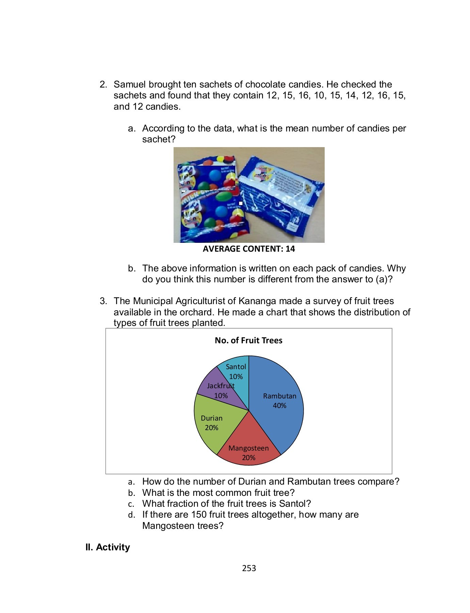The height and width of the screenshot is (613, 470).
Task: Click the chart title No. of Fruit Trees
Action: [248, 340]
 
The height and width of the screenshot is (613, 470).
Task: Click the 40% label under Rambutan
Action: [279, 405]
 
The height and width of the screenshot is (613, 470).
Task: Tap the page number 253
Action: [249, 568]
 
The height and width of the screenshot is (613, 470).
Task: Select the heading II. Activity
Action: [108, 547]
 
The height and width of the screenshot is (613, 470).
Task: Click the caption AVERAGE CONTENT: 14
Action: [249, 249]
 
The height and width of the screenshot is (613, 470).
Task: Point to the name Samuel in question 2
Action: [130, 84]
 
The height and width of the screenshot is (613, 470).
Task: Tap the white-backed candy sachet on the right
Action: [281, 196]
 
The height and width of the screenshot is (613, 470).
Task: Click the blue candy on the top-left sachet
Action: [215, 175]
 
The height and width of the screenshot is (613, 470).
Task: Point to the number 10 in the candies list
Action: [319, 95]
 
